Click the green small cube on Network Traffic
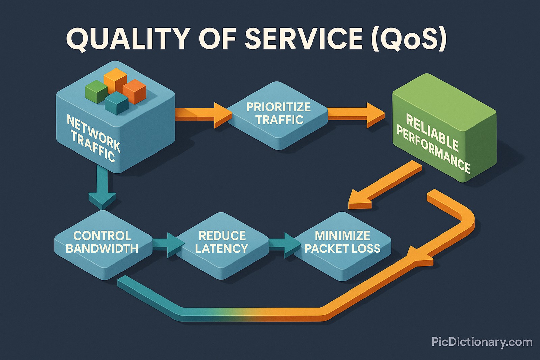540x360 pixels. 96,91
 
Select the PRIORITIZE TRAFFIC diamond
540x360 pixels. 278,115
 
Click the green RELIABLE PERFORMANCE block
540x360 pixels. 442,128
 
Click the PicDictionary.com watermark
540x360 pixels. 482,342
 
